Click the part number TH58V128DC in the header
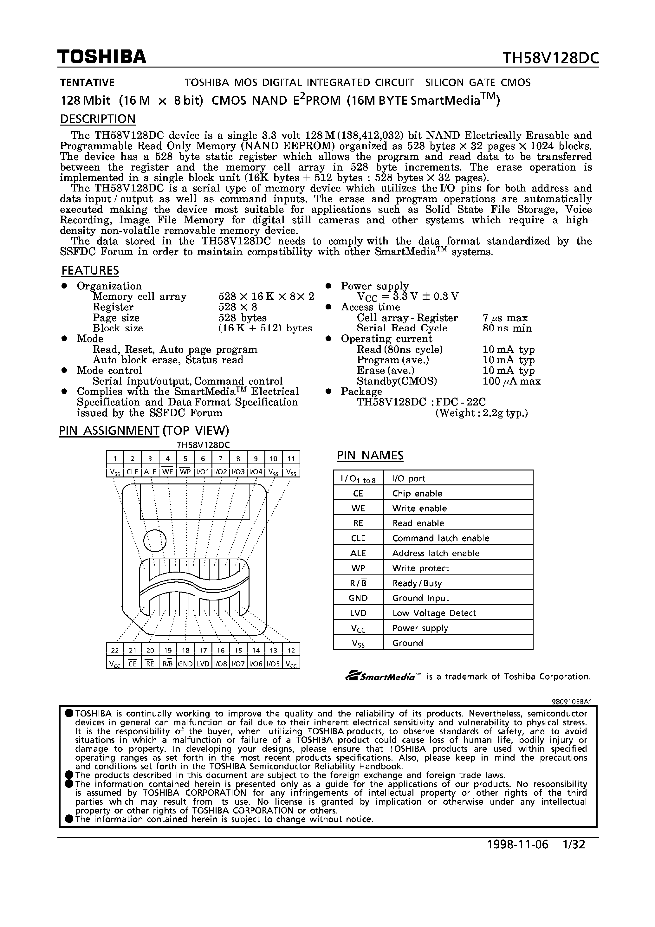(x=550, y=59)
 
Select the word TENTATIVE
(x=87, y=83)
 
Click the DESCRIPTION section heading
(x=98, y=119)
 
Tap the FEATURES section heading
(x=90, y=270)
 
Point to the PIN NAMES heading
(x=370, y=456)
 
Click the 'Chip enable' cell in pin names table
(x=417, y=493)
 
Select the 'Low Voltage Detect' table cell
(x=434, y=613)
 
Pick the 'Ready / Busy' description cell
(x=417, y=583)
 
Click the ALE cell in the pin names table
(x=358, y=553)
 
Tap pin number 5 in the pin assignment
(x=185, y=458)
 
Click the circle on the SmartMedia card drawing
(x=155, y=540)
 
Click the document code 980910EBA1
(x=571, y=702)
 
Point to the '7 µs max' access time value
(x=505, y=318)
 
